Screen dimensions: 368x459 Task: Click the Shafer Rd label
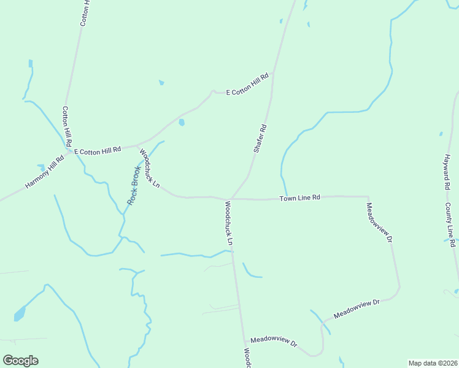pyautogui.click(x=260, y=139)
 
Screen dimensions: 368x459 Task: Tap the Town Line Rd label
pyautogui.click(x=300, y=198)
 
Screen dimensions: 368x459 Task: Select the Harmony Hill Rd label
pyautogui.click(x=45, y=172)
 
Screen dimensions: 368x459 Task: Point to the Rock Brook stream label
pyautogui.click(x=134, y=185)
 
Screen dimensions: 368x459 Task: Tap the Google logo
pyautogui.click(x=20, y=361)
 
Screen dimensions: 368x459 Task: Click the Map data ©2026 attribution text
pyautogui.click(x=433, y=363)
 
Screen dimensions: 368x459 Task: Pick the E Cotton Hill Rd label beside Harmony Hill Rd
pyautogui.click(x=98, y=150)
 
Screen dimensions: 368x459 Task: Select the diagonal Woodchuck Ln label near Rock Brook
pyautogui.click(x=150, y=168)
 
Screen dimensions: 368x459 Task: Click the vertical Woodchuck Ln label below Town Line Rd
pyautogui.click(x=228, y=223)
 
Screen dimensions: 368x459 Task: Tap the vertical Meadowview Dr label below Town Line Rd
pyautogui.click(x=379, y=223)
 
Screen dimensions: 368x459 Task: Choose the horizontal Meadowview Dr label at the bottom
pyautogui.click(x=274, y=341)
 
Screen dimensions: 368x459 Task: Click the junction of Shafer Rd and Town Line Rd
pyautogui.click(x=231, y=199)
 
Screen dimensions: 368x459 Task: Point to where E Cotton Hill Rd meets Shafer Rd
pyautogui.click(x=272, y=74)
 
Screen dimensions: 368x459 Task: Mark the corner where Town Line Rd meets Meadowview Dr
pyautogui.click(x=367, y=197)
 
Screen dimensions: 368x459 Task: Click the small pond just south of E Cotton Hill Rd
pyautogui.click(x=182, y=122)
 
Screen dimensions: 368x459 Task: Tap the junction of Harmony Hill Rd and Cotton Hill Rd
pyautogui.click(x=69, y=150)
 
